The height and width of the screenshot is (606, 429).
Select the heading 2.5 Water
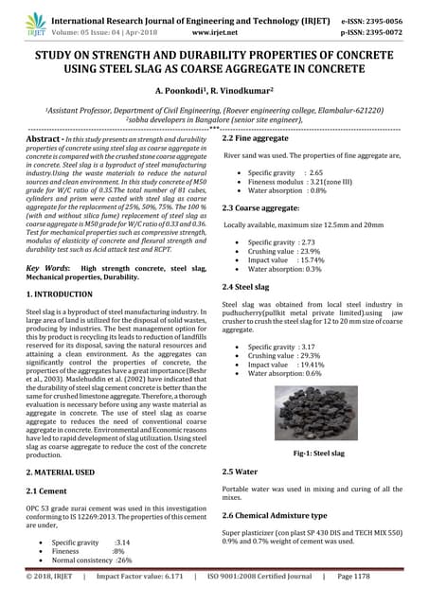[x=239, y=471]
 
